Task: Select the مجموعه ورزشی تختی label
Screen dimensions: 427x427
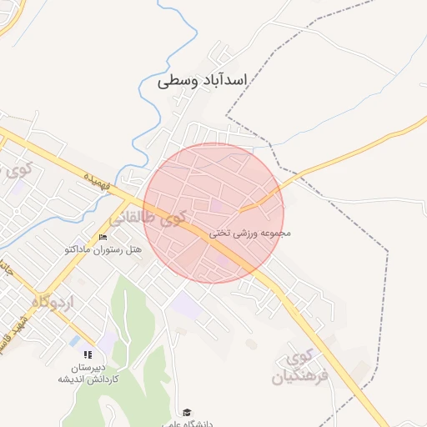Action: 249,234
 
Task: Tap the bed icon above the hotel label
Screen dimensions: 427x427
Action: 103,238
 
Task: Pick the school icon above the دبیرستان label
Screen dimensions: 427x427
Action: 88,354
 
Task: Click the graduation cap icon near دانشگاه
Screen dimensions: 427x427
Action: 188,412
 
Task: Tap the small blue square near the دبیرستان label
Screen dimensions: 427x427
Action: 75,340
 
